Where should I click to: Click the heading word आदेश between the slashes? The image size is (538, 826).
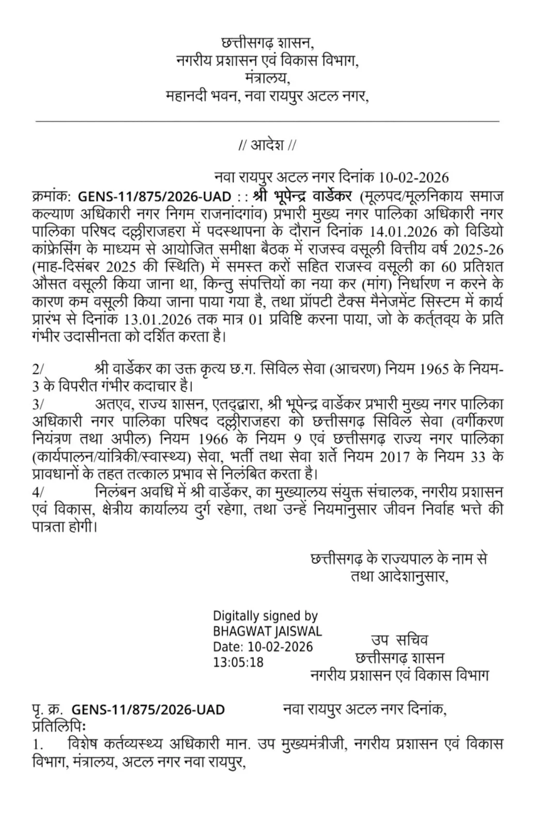267,146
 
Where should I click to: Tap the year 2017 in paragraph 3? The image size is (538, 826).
398,457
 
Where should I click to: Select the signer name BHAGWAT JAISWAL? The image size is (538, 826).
267,631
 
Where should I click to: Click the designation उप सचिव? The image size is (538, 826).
399,641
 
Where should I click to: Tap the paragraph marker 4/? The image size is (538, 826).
38,492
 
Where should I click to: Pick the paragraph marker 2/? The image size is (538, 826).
38,370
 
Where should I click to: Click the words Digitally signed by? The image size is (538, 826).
265,616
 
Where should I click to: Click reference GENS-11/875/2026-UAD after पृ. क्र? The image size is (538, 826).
148,710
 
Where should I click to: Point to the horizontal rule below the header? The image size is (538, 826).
267,121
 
